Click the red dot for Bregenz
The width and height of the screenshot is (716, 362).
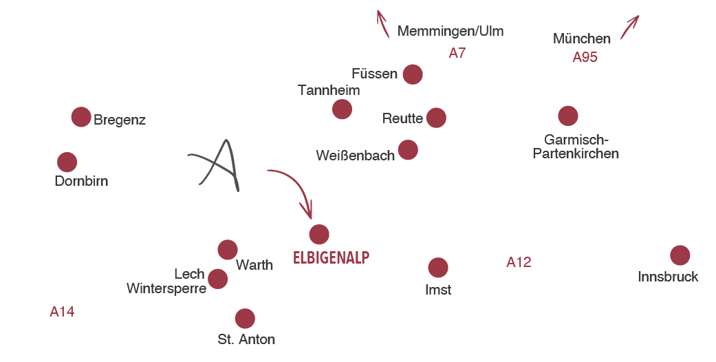point(81,117)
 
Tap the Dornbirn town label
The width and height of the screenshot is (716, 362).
point(81,182)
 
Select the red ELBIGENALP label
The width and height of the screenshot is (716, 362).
point(332,258)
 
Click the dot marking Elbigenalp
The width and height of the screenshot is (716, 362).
point(319,234)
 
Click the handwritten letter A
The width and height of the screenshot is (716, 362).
point(217,165)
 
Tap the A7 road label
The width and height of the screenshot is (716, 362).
point(457,53)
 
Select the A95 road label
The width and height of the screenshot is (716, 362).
point(585,57)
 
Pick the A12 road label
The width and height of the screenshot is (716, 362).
point(519,262)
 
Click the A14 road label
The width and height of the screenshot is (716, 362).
point(62,312)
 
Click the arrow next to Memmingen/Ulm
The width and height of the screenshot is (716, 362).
point(382,23)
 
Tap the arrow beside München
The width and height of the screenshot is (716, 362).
point(629,27)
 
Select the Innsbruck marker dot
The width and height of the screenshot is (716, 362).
point(680,255)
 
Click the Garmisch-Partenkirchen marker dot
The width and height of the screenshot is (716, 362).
point(567,116)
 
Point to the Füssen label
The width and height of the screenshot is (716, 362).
point(374,74)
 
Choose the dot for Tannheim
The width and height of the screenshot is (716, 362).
point(342,109)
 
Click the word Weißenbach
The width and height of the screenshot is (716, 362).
point(356,156)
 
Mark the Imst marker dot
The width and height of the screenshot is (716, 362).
point(437,267)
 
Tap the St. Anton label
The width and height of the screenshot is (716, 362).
point(246,339)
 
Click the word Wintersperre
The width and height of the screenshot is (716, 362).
point(166,288)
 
